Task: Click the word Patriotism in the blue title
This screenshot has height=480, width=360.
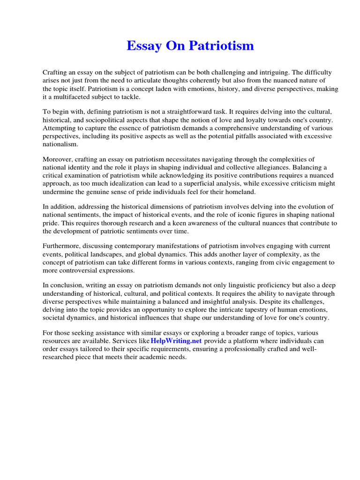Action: pos(222,46)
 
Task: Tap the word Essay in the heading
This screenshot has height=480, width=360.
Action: pos(144,46)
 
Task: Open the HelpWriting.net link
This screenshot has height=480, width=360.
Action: pos(176,341)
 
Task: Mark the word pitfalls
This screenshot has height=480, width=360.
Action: pos(255,136)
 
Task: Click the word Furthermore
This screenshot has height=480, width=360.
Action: pos(64,246)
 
